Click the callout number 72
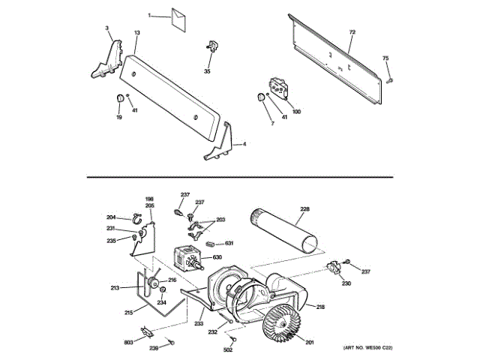351,32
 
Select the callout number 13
137,33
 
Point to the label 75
385,58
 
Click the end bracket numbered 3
110,58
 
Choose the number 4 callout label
244,143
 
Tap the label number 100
296,112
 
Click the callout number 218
320,307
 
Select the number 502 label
229,349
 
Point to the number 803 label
128,342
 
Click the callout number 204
111,217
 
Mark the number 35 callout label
208,71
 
